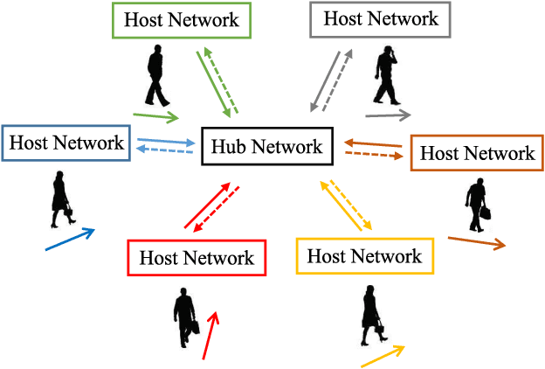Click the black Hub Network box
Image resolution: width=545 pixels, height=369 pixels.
point(267,146)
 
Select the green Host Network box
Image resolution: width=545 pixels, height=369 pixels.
point(182,19)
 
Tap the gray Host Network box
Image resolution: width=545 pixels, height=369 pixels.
point(380,18)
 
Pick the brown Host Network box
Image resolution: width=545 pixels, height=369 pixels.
point(477,154)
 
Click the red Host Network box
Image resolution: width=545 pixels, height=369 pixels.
point(196,258)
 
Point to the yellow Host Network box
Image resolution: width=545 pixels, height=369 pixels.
point(365,256)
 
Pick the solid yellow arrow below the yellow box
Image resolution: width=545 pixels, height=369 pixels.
point(383,356)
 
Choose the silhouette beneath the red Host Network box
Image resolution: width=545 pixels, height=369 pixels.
point(186,316)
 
